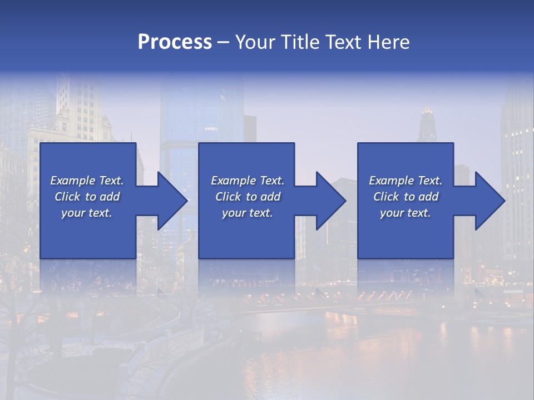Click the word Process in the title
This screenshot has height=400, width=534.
point(175,42)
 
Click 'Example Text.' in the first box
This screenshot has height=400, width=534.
point(87,181)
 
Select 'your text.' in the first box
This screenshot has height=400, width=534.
point(87,213)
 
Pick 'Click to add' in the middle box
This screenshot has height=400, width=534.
point(248,197)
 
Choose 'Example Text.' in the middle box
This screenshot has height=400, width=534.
point(248,181)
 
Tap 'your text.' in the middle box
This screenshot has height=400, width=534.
point(248,213)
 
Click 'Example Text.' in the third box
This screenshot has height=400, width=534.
point(406,181)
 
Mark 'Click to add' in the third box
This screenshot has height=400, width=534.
point(406,197)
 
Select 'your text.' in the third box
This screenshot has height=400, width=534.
point(406,213)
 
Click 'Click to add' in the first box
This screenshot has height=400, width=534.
point(87,197)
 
